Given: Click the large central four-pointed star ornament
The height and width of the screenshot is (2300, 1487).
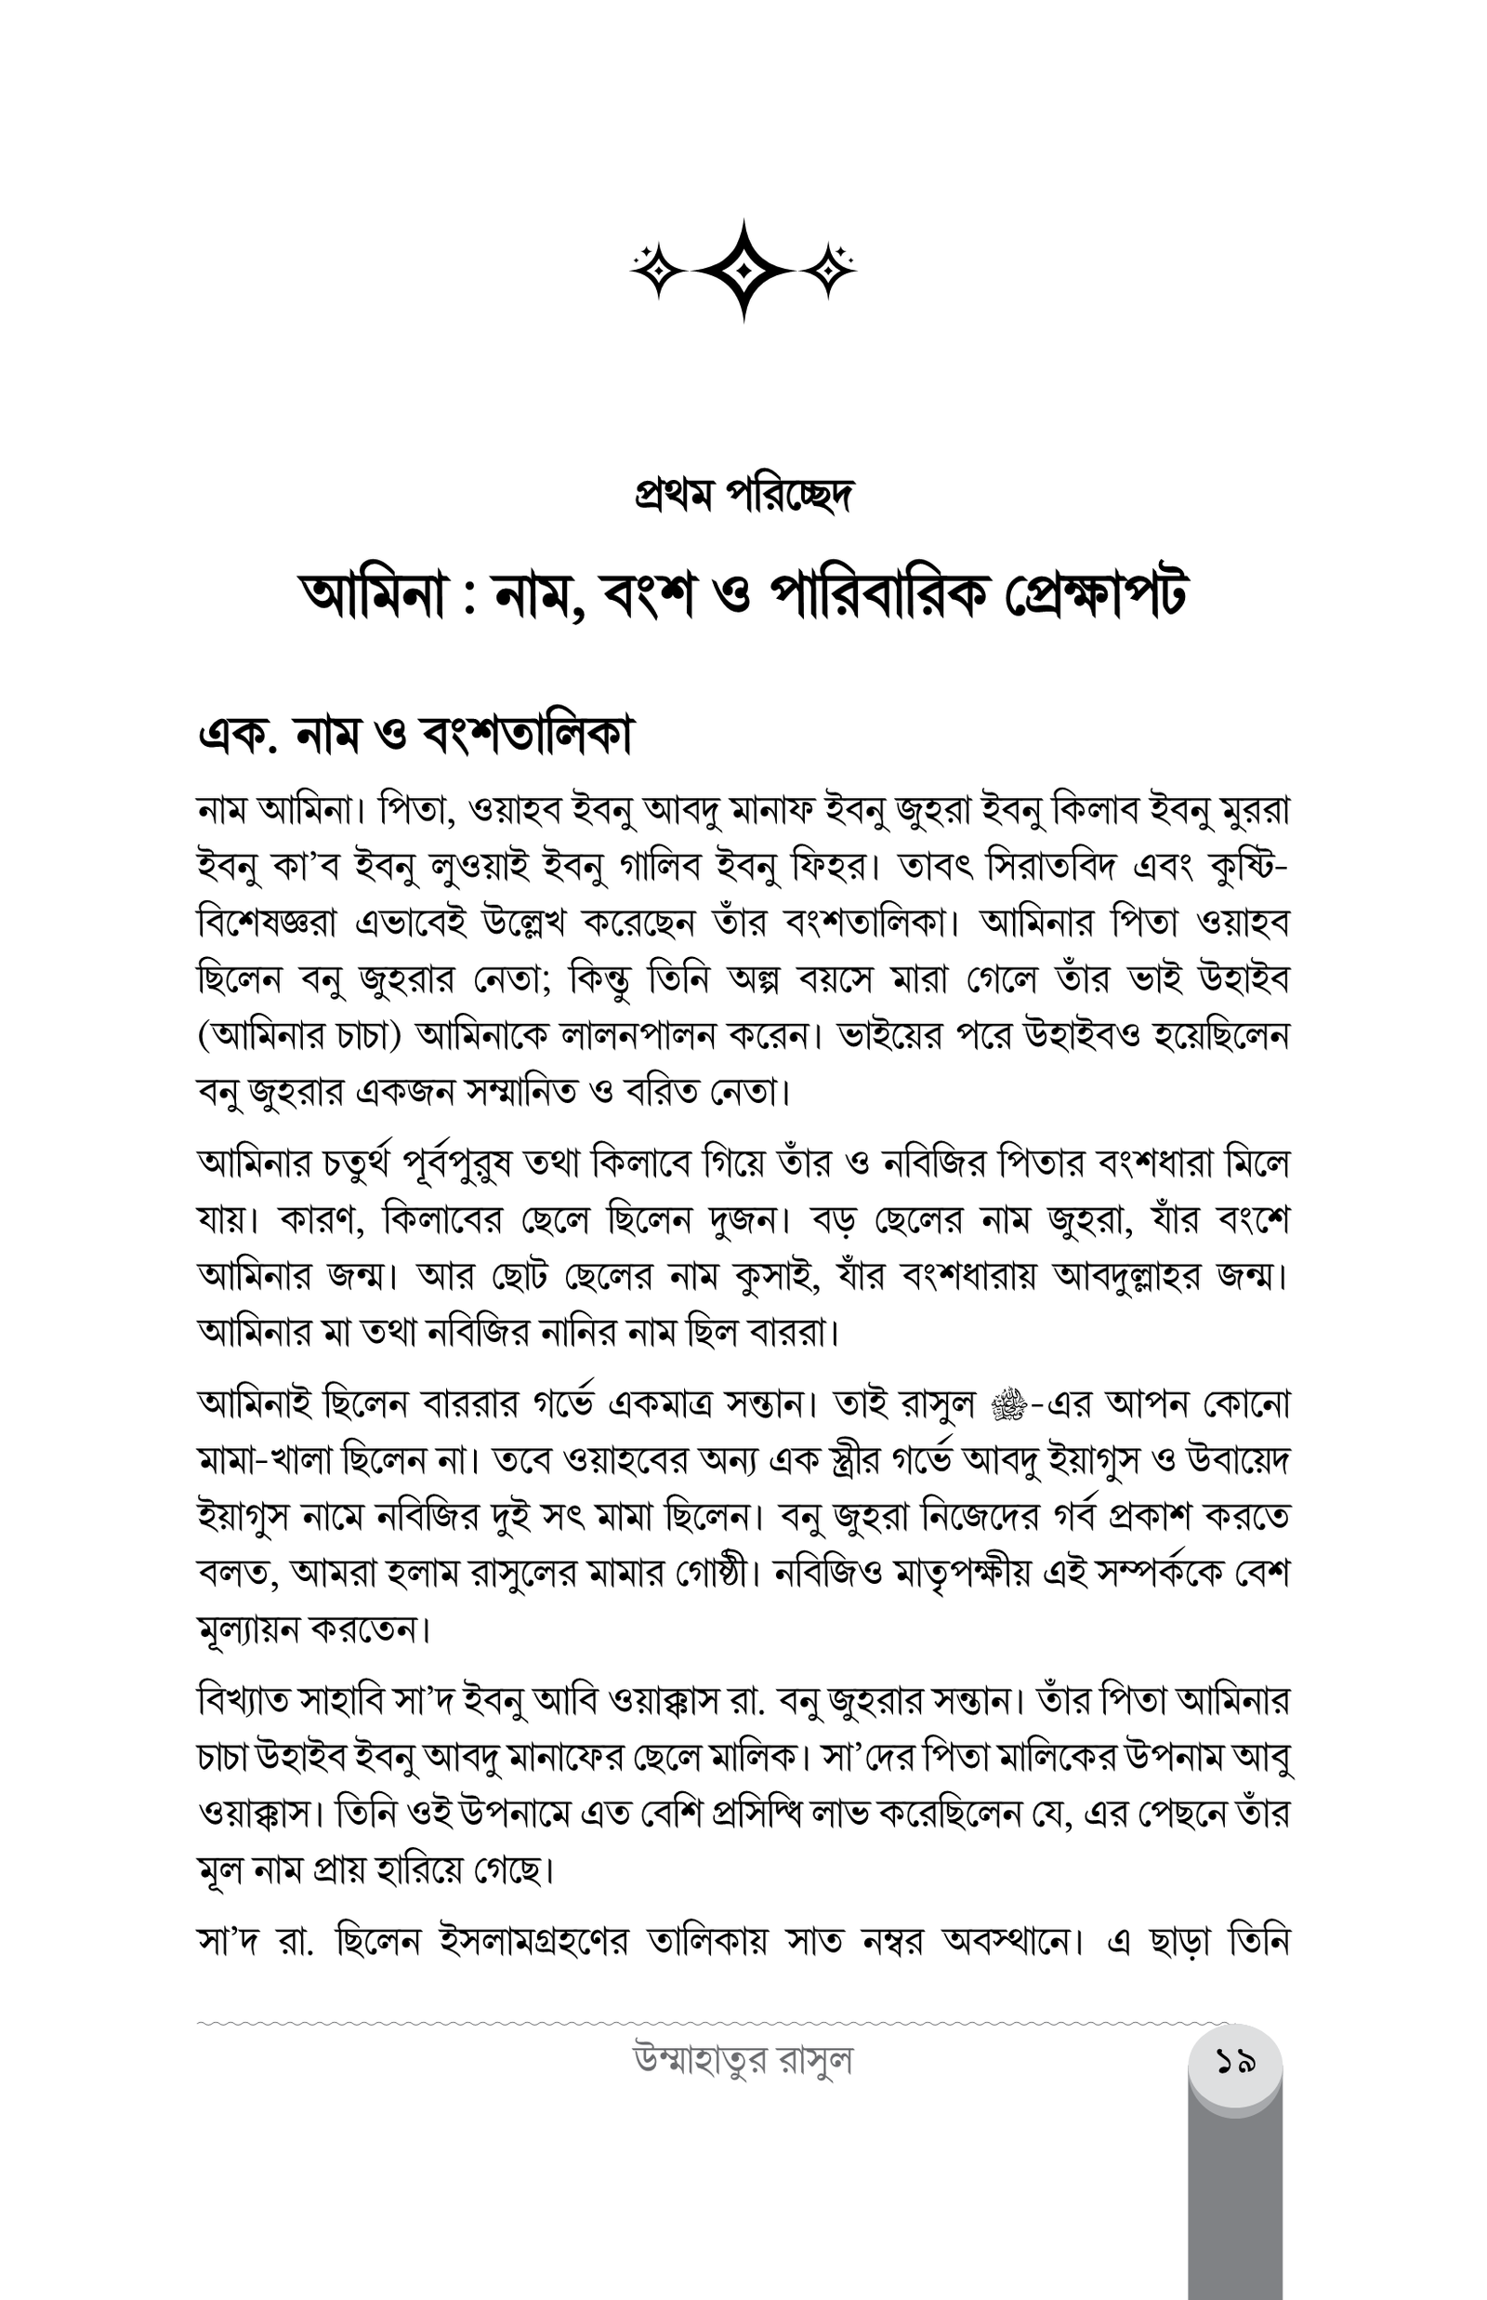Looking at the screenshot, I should (x=743, y=270).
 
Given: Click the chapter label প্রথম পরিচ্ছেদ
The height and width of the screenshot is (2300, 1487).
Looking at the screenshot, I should (x=743, y=497).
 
